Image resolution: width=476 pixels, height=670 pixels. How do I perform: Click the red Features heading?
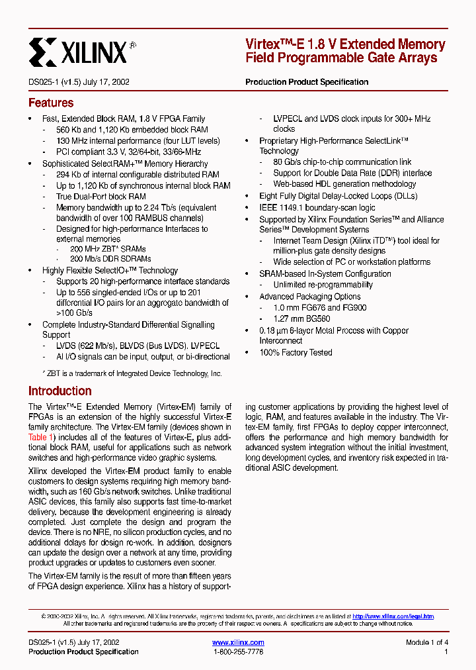click(51, 103)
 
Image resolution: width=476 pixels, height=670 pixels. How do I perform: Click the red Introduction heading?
click(59, 391)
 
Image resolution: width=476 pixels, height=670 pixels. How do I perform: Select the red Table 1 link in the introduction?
click(37, 437)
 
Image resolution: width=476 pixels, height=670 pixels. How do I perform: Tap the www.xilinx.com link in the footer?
click(238, 642)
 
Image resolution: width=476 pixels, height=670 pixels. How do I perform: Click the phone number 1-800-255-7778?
click(238, 652)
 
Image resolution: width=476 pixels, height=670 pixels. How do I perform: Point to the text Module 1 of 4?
click(427, 642)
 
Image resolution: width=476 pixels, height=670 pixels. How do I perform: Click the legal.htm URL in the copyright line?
click(393, 616)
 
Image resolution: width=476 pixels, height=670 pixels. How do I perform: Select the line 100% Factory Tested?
click(296, 353)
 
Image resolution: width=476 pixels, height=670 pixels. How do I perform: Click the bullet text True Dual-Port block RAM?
click(100, 197)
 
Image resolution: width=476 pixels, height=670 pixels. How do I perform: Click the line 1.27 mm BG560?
click(301, 318)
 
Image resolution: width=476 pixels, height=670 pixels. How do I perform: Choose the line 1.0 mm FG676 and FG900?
click(320, 308)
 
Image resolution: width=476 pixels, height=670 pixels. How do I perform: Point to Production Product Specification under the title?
click(307, 82)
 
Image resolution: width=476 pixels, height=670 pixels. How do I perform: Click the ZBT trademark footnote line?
click(128, 374)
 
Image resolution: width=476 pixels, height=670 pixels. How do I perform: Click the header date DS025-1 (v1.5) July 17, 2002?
click(79, 82)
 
